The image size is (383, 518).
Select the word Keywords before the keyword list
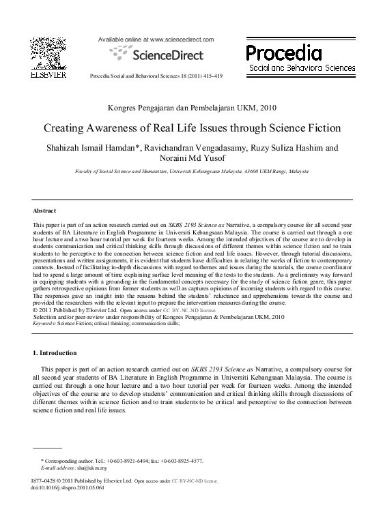tap(44, 323)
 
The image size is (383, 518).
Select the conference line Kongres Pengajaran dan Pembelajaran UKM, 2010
tap(192, 108)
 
